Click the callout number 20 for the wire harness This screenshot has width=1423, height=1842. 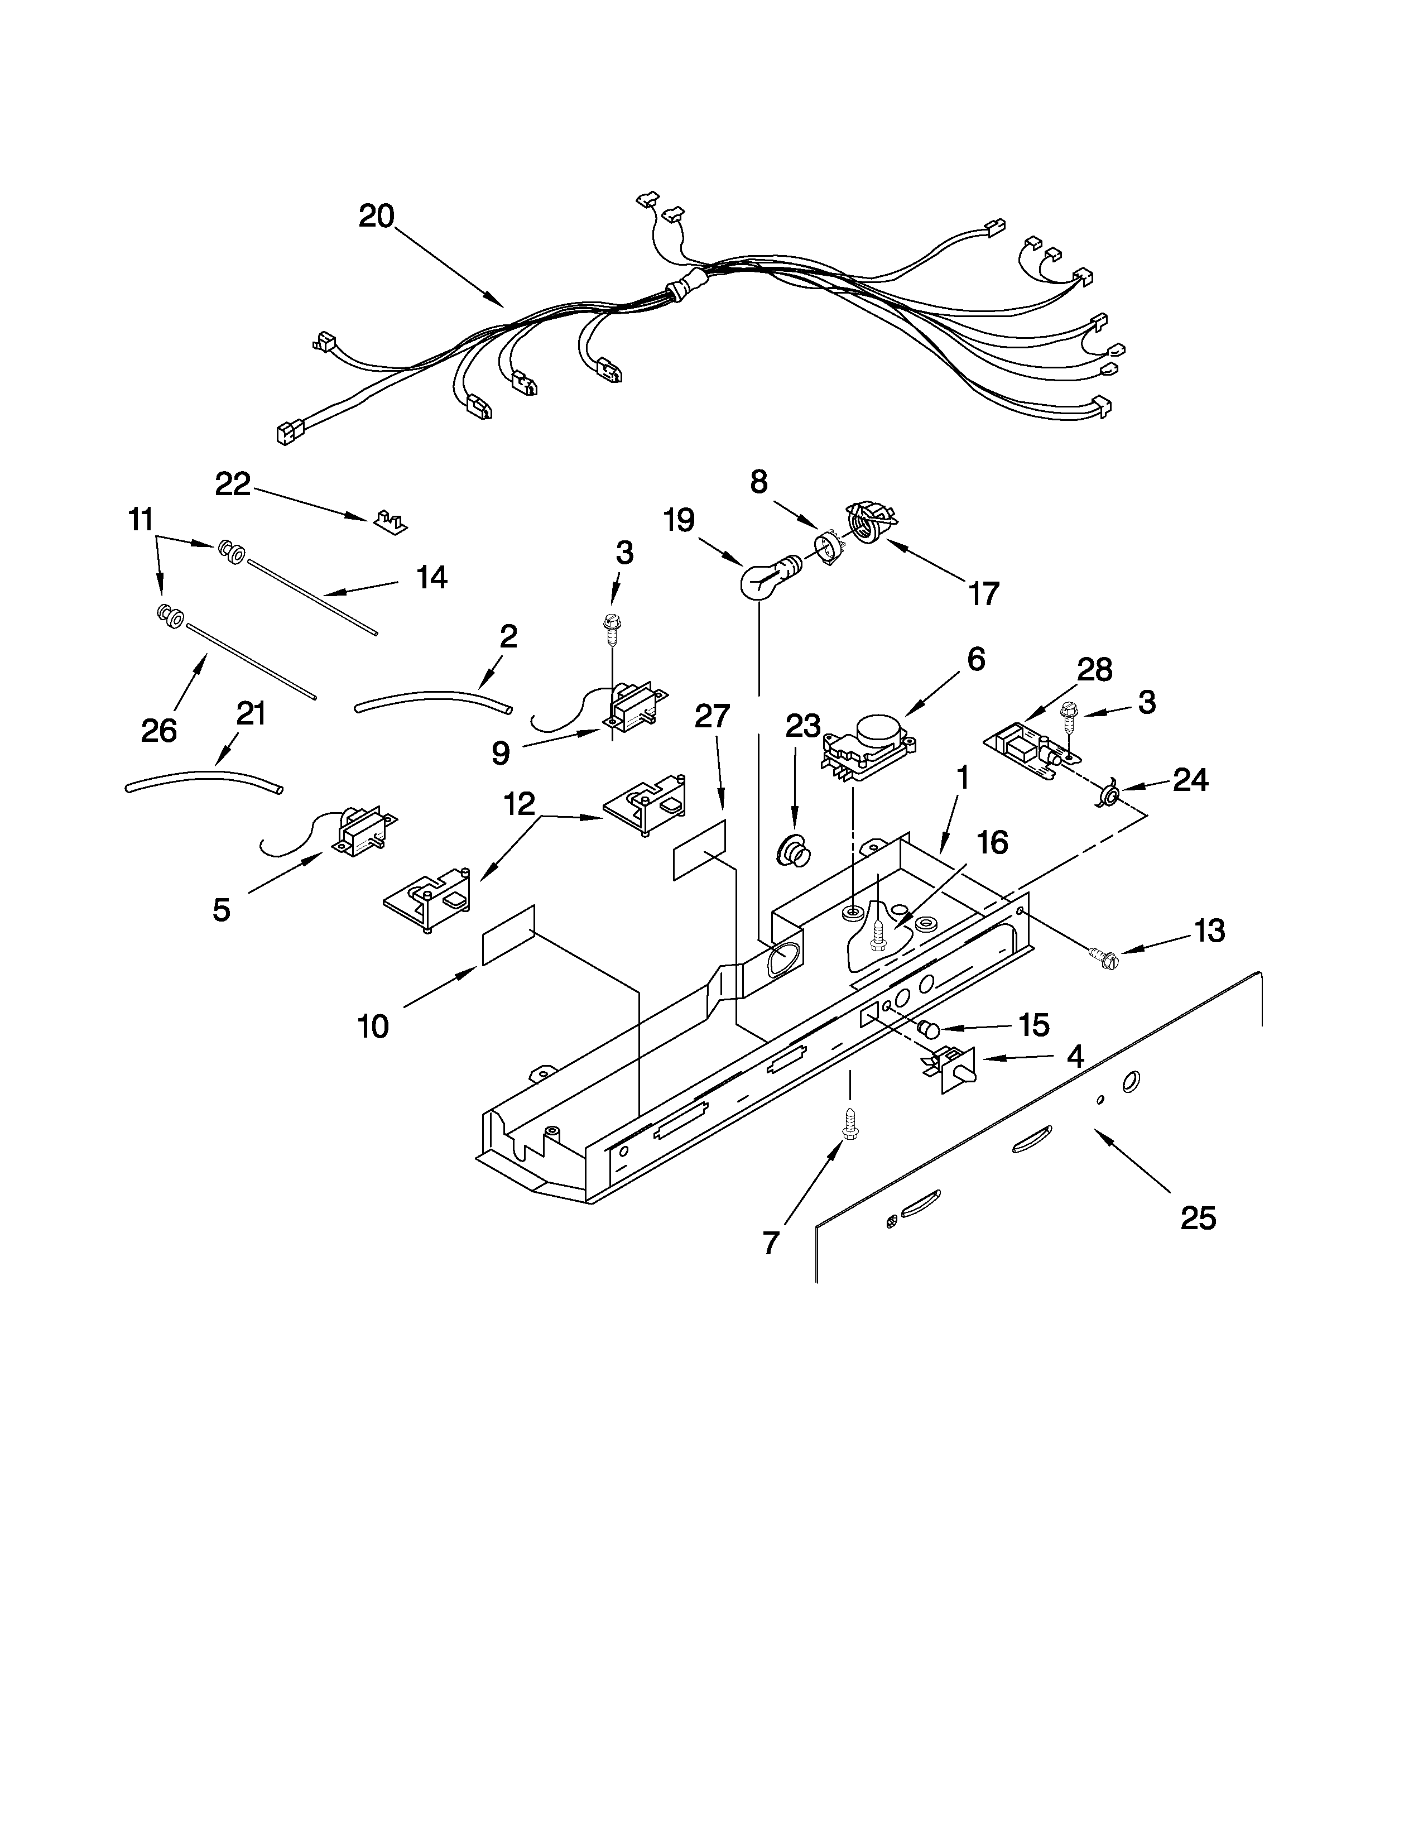tap(376, 217)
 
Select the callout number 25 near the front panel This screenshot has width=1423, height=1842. tap(1198, 1218)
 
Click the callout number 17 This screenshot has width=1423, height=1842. tap(983, 594)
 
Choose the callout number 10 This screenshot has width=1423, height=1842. tap(373, 1026)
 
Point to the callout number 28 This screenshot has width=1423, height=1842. tap(1094, 670)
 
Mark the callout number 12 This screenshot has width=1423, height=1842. tap(520, 804)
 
